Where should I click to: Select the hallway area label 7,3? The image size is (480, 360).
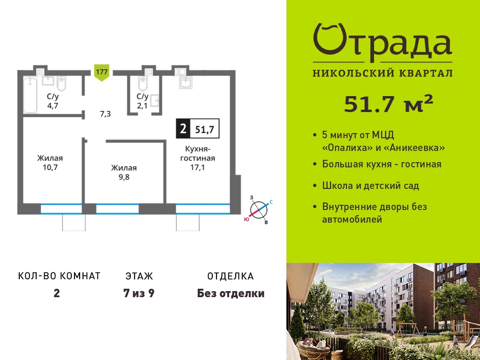tap(105, 114)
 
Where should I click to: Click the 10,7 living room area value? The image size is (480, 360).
tap(50, 167)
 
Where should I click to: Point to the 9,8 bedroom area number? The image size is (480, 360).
tap(124, 177)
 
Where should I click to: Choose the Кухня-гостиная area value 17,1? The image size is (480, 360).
tap(197, 167)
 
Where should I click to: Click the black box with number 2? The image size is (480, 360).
tap(183, 128)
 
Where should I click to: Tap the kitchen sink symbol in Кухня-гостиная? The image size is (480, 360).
tap(186, 82)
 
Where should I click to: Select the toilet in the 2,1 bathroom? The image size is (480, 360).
tap(143, 83)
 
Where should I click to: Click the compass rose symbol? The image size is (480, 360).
tap(259, 210)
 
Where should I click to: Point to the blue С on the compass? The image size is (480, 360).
tap(271, 202)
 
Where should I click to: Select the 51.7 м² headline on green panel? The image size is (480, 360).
tap(389, 104)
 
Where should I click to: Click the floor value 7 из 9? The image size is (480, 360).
tap(139, 293)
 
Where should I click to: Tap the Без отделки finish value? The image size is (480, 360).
tap(231, 293)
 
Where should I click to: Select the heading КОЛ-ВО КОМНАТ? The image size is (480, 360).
tap(60, 276)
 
